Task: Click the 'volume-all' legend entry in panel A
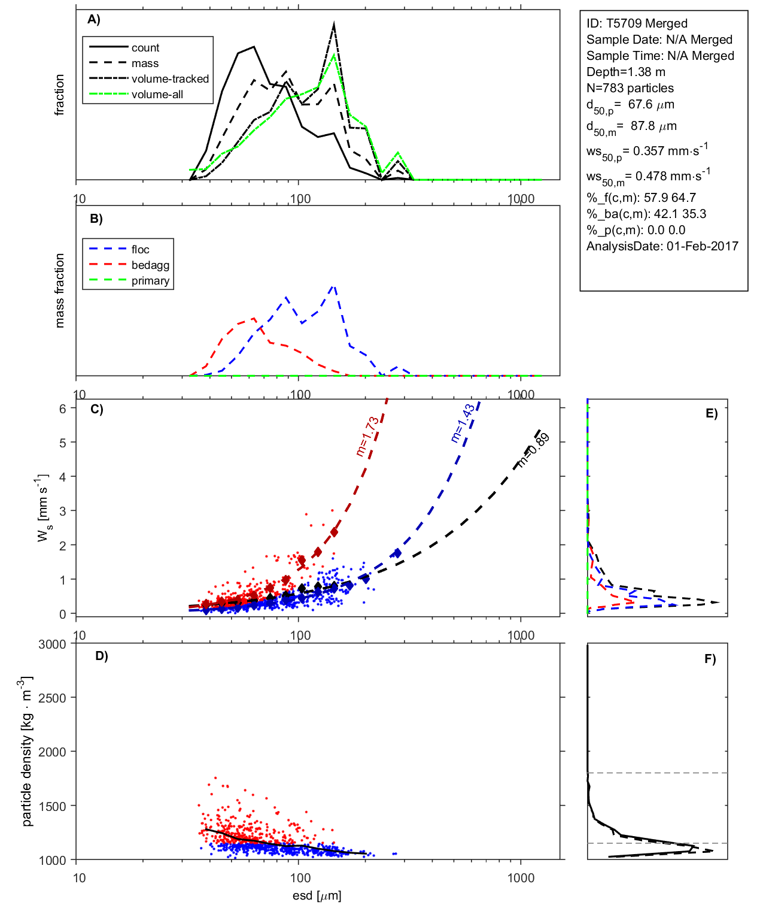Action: [x=157, y=95]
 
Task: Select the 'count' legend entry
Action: [x=145, y=48]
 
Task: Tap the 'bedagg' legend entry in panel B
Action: [x=150, y=265]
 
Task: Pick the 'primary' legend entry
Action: [x=150, y=281]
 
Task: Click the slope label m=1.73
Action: [x=367, y=437]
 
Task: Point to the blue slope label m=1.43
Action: [x=463, y=423]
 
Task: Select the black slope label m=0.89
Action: [x=533, y=449]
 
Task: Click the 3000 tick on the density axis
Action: [x=52, y=644]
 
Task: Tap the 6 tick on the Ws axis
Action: [x=62, y=408]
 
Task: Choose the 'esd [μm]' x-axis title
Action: [x=317, y=895]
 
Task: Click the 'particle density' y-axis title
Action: [x=27, y=752]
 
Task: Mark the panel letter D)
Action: [x=102, y=656]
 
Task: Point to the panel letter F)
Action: [x=710, y=659]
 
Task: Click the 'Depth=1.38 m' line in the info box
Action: [x=625, y=72]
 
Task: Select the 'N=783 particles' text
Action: [x=630, y=88]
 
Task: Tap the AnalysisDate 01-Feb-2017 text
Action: [x=662, y=246]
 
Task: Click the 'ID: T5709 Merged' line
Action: [x=637, y=23]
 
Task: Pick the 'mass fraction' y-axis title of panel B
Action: [x=59, y=290]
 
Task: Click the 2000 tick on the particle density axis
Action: [x=52, y=752]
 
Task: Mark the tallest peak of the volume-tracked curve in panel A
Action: [x=333, y=24]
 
